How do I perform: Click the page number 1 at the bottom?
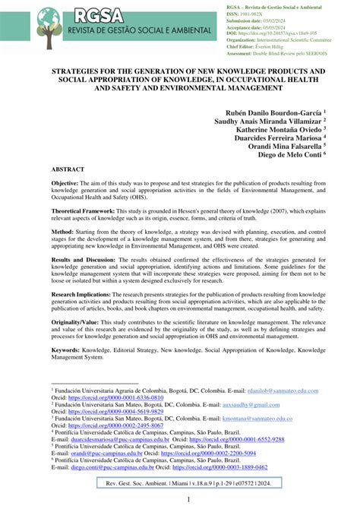pos(180,499)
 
